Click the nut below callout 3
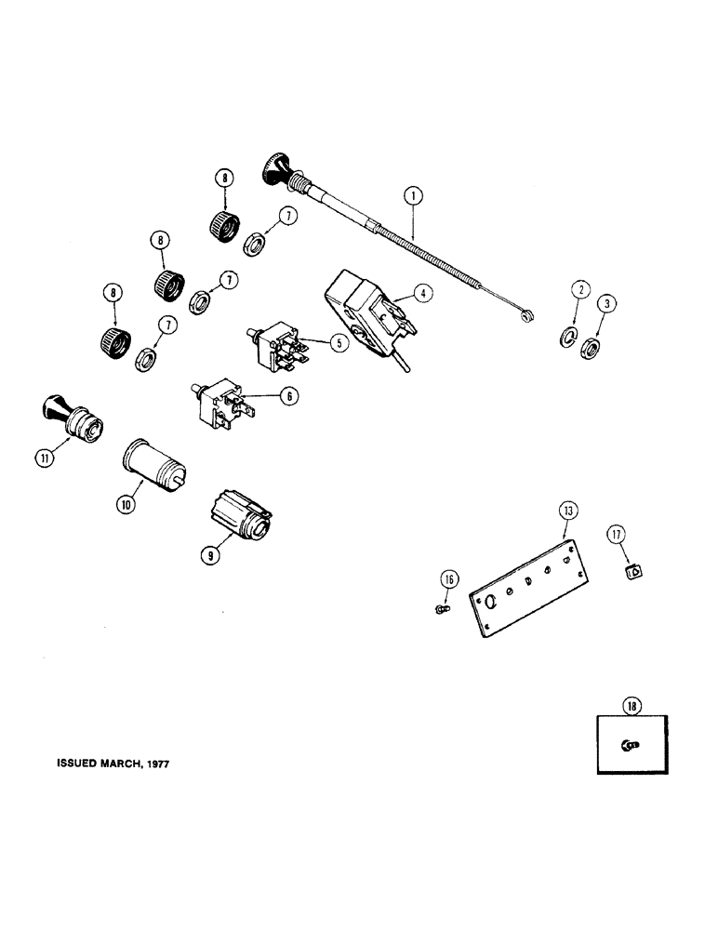coord(588,351)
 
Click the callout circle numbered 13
coord(567,511)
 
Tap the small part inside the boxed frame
coord(631,744)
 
